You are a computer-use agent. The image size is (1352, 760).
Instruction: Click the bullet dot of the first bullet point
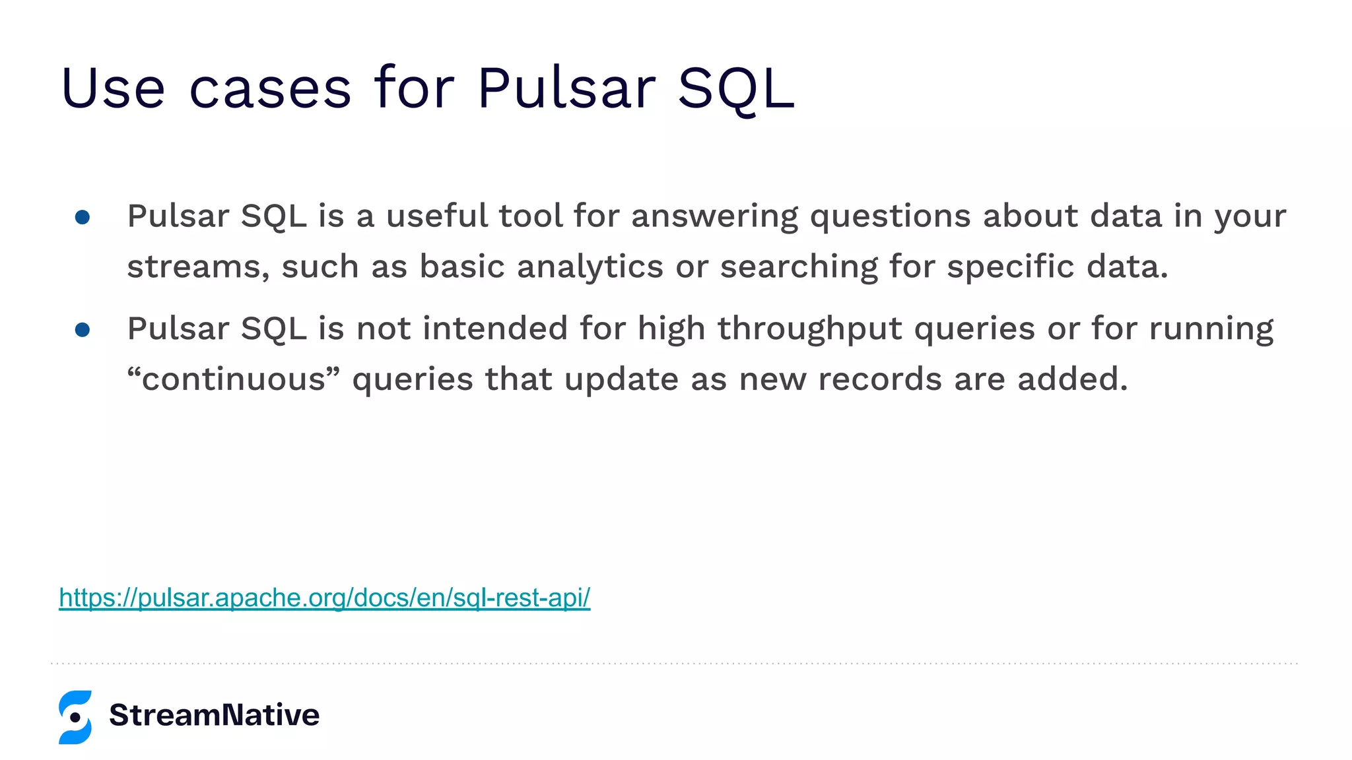pos(83,217)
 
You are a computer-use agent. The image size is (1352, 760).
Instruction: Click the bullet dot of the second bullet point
pos(83,329)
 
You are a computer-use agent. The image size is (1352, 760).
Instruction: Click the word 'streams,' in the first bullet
pos(198,267)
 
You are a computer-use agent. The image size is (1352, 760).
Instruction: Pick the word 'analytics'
pos(590,267)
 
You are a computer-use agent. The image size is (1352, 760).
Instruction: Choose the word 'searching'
pos(798,267)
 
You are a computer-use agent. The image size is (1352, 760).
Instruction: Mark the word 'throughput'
pos(809,329)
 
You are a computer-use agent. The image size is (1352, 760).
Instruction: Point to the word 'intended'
pos(494,328)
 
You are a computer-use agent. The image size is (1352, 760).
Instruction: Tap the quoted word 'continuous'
pos(233,379)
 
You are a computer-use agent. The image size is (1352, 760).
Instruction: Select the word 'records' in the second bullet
pos(879,379)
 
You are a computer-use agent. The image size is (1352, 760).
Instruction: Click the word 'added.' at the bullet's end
pos(1072,379)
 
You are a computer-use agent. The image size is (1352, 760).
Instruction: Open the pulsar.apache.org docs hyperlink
pos(324,598)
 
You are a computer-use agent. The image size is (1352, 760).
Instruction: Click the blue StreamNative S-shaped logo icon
pos(75,717)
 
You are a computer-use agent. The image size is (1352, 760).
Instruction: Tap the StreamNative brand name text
pos(214,715)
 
